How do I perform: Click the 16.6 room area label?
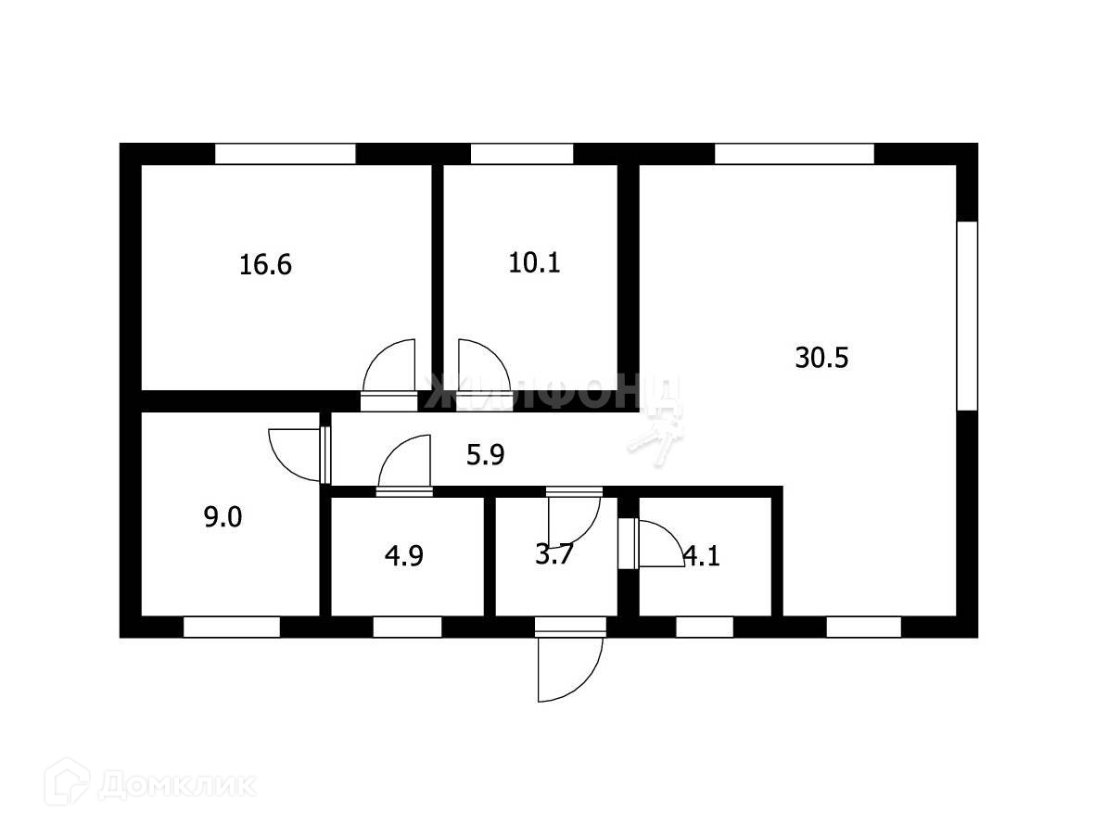click(x=265, y=265)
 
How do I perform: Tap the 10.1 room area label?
click(x=534, y=262)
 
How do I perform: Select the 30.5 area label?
click(x=821, y=357)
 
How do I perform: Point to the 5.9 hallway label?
click(x=485, y=454)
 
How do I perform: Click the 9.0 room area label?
click(x=223, y=517)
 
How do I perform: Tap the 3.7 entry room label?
click(x=554, y=556)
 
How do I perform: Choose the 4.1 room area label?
click(x=701, y=556)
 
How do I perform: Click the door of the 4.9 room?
click(x=405, y=463)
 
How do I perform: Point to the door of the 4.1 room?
click(x=655, y=543)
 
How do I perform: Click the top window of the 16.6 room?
click(x=286, y=154)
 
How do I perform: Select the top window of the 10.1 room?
click(x=521, y=154)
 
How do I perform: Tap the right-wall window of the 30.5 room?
click(x=967, y=315)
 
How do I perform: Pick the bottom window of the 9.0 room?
click(x=231, y=628)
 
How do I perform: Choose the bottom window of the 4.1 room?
click(x=704, y=628)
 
